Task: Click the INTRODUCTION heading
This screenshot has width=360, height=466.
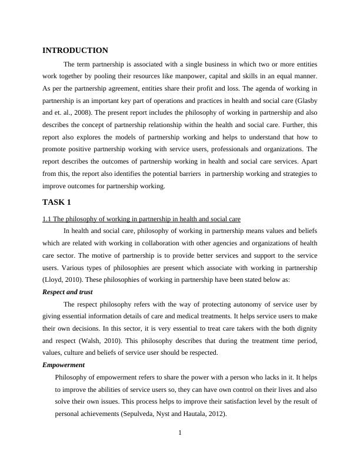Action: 75,51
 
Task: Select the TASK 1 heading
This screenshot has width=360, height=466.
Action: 56,202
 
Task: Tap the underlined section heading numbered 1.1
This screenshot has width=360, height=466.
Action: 141,219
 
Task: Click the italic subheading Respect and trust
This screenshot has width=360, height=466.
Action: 68,292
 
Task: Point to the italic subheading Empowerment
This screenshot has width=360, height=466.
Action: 64,365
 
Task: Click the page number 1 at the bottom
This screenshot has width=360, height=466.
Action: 180,434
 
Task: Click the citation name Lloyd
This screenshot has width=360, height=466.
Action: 54,279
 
